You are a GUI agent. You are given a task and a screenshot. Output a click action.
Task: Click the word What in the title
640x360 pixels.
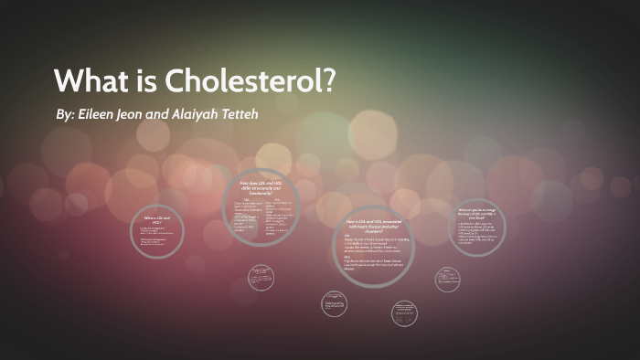pyautogui.click(x=89, y=80)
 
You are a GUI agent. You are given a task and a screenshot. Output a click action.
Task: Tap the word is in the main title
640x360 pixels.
pyautogui.click(x=145, y=80)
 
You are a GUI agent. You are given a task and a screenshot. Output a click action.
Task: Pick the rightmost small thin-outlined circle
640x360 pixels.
pyautogui.click(x=447, y=278)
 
